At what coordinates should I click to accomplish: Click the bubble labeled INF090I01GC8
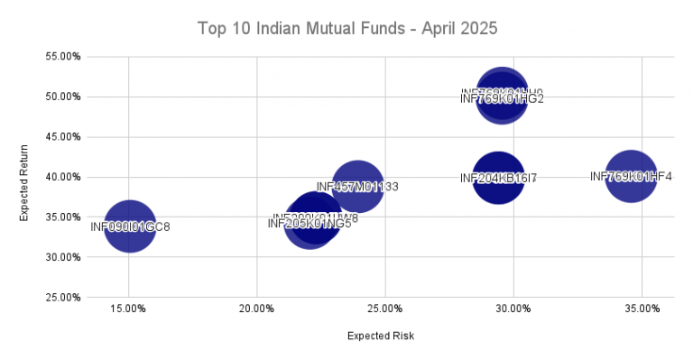click(x=130, y=226)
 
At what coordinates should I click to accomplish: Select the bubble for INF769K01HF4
click(x=631, y=177)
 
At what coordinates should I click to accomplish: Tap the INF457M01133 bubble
click(x=357, y=186)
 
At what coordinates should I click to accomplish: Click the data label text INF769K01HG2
click(x=502, y=99)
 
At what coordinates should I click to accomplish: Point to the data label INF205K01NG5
click(x=310, y=224)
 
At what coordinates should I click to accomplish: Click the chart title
click(x=346, y=30)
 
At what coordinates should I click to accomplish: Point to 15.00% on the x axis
click(x=129, y=309)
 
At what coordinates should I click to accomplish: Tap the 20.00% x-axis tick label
click(x=257, y=309)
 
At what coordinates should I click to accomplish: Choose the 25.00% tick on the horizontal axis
click(x=385, y=309)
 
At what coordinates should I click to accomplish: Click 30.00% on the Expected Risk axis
click(x=513, y=309)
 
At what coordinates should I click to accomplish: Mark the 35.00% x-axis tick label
click(x=642, y=309)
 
